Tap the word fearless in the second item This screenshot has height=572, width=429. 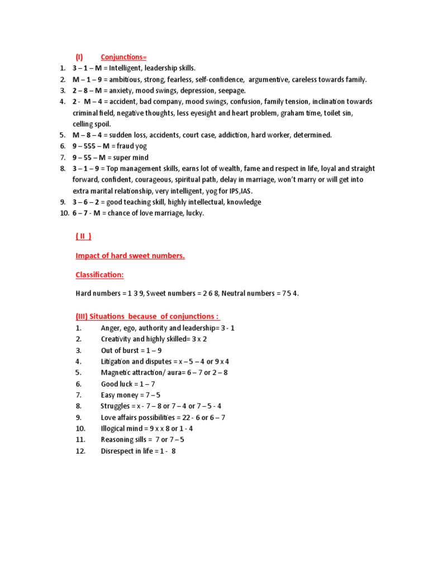tap(174, 79)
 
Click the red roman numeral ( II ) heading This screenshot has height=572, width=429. tap(83, 237)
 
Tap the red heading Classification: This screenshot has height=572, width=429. tap(99, 275)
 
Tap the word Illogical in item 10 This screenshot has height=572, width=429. tap(114, 428)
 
